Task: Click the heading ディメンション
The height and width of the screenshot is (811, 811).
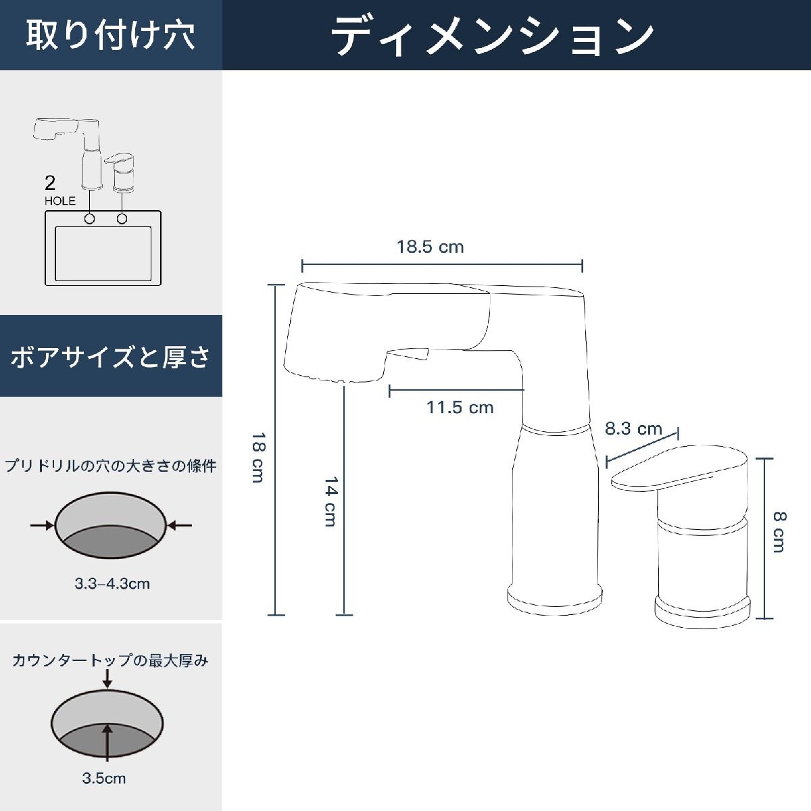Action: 493,35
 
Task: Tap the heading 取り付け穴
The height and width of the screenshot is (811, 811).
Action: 111,35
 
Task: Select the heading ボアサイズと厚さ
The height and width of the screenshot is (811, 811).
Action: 111,356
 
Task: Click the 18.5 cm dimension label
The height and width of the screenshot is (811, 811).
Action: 431,247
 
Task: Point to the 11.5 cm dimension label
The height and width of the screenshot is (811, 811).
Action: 460,408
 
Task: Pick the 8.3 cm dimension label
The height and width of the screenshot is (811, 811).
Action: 633,428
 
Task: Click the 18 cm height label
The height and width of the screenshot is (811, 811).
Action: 257,458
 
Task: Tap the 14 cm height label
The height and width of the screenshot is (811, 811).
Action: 330,501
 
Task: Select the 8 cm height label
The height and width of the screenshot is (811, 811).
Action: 779,532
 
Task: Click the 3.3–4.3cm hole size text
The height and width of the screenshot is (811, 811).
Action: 112,584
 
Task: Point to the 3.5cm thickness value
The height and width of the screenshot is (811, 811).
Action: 104,779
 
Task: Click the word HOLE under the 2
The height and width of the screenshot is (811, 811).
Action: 60,201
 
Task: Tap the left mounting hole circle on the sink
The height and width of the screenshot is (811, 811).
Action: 89,219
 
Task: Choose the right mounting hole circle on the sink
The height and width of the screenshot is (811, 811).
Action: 122,219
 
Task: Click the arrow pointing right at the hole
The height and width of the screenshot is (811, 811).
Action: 43,525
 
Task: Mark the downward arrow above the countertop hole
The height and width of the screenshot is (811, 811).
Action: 107,680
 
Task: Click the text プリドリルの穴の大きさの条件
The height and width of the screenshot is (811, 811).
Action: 111,466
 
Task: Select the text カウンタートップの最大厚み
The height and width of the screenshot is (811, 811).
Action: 111,660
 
